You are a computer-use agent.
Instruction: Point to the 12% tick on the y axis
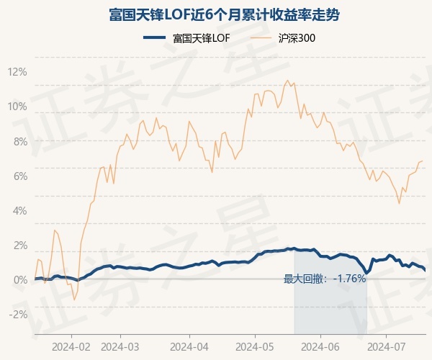[17, 72]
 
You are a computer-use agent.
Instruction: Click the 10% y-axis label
[17, 107]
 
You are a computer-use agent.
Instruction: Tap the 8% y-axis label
[19, 141]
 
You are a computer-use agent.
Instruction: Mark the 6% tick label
[19, 176]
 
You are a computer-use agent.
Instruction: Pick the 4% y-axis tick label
[19, 210]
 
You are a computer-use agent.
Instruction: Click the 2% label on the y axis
[19, 245]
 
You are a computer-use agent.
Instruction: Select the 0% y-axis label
[19, 279]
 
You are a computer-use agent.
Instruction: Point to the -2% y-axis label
[17, 314]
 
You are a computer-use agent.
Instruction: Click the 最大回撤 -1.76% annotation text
[325, 279]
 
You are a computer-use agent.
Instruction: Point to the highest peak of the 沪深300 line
[287, 80]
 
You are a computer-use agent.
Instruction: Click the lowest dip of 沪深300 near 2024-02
[74, 300]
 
